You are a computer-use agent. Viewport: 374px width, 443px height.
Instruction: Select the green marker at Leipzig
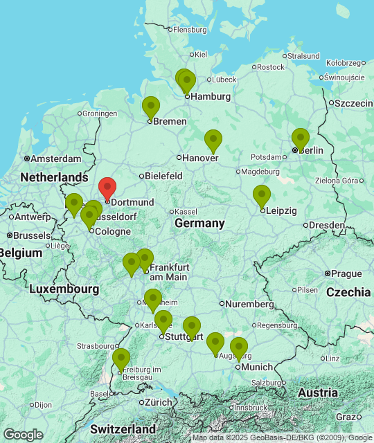tap(261, 196)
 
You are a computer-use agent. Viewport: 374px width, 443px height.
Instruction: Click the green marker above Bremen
tap(150, 107)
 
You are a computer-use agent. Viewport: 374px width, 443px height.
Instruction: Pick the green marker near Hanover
tap(213, 141)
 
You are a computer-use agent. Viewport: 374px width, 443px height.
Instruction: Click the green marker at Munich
tap(239, 348)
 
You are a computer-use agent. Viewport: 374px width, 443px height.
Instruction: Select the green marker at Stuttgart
tap(163, 321)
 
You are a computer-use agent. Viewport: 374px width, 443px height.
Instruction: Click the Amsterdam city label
tap(56, 159)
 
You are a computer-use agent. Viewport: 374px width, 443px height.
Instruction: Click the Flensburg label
tap(190, 30)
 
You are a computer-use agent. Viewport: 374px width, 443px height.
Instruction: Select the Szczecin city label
tap(355, 103)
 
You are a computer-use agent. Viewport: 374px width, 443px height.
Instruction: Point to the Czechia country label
tap(348, 292)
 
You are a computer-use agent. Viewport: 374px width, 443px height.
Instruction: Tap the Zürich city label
tap(159, 402)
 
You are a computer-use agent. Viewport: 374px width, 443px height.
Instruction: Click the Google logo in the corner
tap(23, 434)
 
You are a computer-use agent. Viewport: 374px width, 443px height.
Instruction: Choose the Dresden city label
tap(327, 225)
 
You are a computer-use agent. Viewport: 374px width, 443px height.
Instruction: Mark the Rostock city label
tap(271, 67)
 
